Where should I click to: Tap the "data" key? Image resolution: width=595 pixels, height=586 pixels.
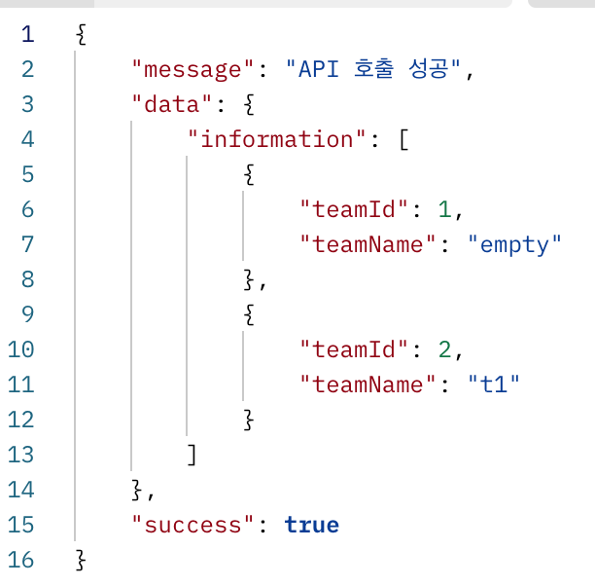172,104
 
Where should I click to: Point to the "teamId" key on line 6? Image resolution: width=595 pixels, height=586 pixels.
356,209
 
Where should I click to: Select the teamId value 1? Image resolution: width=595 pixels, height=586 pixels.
444,209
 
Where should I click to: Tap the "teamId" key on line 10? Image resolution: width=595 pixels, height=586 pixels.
356,349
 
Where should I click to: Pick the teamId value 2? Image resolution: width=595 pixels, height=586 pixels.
444,349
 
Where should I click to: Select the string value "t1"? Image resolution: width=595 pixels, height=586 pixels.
494,385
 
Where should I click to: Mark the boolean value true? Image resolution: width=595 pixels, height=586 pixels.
312,525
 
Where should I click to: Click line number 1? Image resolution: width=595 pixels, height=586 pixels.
26,34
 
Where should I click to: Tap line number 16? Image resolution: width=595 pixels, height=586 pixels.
20,560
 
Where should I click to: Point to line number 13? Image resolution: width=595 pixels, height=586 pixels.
20,455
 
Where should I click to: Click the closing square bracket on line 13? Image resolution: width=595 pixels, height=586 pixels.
192,455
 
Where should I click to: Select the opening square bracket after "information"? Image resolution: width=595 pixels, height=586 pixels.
402,139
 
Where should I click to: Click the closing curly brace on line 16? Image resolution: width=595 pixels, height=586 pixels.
81,560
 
